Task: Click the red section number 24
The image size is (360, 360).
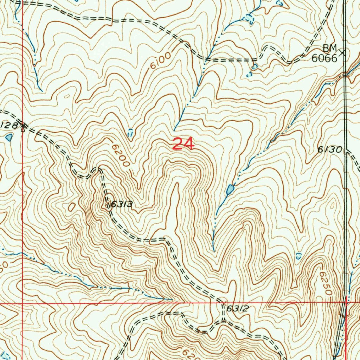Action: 183,144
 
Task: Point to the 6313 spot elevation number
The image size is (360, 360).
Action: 120,204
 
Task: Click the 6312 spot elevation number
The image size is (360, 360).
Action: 238,309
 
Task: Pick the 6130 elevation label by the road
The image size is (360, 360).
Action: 329,150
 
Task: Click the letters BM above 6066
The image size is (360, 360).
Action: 330,48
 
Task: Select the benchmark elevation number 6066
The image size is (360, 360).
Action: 324,58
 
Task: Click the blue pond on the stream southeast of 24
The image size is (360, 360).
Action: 230,190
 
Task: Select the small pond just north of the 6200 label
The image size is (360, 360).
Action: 130,133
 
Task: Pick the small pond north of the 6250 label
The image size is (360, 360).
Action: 298,256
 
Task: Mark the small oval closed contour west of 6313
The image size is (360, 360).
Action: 72,207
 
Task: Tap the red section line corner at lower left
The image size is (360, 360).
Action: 22,302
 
